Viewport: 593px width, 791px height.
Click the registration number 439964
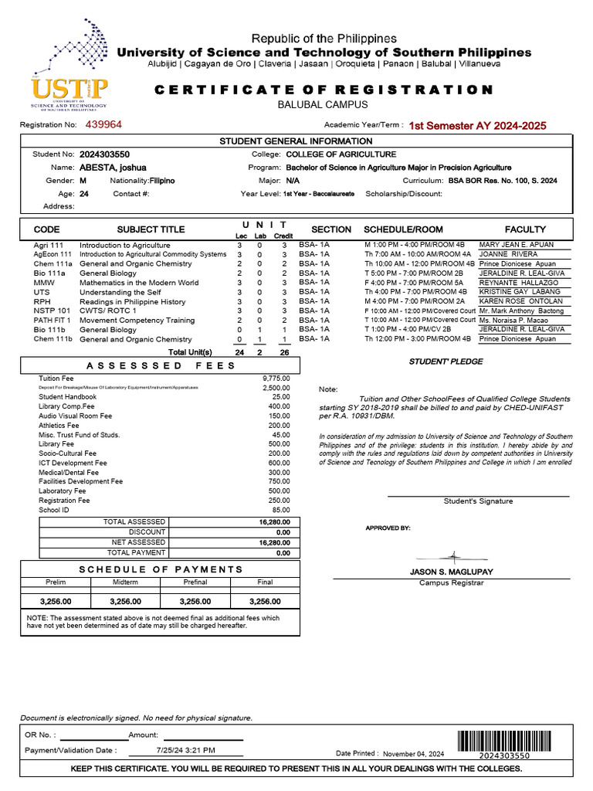[103, 124]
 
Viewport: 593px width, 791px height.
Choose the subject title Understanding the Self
[121, 292]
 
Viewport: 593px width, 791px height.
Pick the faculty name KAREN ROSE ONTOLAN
[521, 301]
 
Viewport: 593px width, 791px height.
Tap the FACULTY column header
[525, 229]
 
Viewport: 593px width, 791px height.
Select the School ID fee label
[54, 510]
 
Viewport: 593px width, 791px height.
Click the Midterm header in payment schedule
[125, 582]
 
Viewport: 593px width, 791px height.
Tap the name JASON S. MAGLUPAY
[451, 572]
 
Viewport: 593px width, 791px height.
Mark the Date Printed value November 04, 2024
[414, 753]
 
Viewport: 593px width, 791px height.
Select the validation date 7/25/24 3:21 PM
[185, 749]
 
